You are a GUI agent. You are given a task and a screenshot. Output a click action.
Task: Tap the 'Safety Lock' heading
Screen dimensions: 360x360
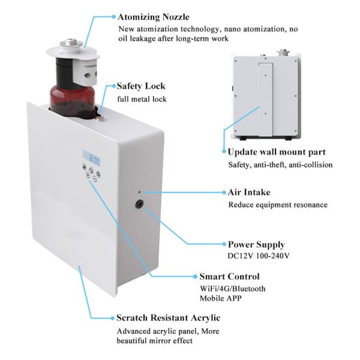[140, 86]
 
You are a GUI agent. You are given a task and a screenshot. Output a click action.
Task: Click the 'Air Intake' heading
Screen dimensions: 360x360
[249, 192]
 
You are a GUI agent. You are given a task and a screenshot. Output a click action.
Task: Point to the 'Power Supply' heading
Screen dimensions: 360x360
[256, 244]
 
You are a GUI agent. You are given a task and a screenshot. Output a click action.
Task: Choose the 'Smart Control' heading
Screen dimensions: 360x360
[229, 277]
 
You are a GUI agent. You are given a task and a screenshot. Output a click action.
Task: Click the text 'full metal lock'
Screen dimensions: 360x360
[142, 99]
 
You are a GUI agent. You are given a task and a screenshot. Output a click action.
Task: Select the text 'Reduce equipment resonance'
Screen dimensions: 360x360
[277, 205]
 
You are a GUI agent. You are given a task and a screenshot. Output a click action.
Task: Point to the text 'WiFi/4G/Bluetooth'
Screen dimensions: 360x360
[232, 289]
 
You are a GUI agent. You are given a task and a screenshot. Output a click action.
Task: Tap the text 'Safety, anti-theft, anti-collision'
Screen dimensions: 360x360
[280, 164]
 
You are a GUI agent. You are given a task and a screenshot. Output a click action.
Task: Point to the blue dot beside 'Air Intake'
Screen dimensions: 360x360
[224, 193]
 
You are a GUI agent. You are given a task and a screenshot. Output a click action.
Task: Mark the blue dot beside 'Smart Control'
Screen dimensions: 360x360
[194, 277]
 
